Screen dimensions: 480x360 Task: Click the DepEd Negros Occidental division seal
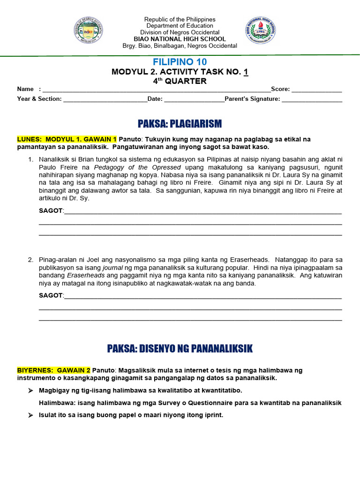88,31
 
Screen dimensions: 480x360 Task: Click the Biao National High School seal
261,31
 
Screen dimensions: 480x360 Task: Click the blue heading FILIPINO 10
180,62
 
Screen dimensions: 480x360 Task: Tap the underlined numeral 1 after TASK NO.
246,72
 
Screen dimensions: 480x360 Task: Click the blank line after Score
317,89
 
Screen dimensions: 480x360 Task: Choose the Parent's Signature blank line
312,99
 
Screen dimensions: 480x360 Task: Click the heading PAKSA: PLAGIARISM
180,124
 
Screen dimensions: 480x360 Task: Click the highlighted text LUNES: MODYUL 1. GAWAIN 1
67,139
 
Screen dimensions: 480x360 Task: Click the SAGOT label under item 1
51,211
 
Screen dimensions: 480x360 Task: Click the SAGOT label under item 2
51,295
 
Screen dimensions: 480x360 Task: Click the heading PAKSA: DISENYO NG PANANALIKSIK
180,348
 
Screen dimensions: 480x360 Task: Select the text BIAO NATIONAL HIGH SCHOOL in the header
180,39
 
